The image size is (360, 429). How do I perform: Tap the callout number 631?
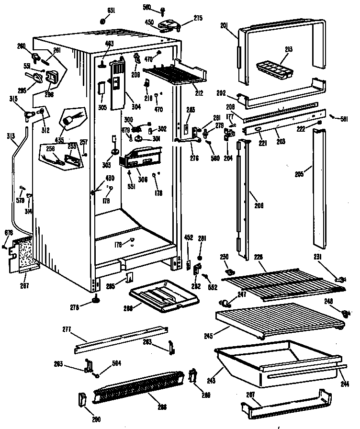pos(111,11)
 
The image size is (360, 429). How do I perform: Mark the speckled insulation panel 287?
pos(23,252)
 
